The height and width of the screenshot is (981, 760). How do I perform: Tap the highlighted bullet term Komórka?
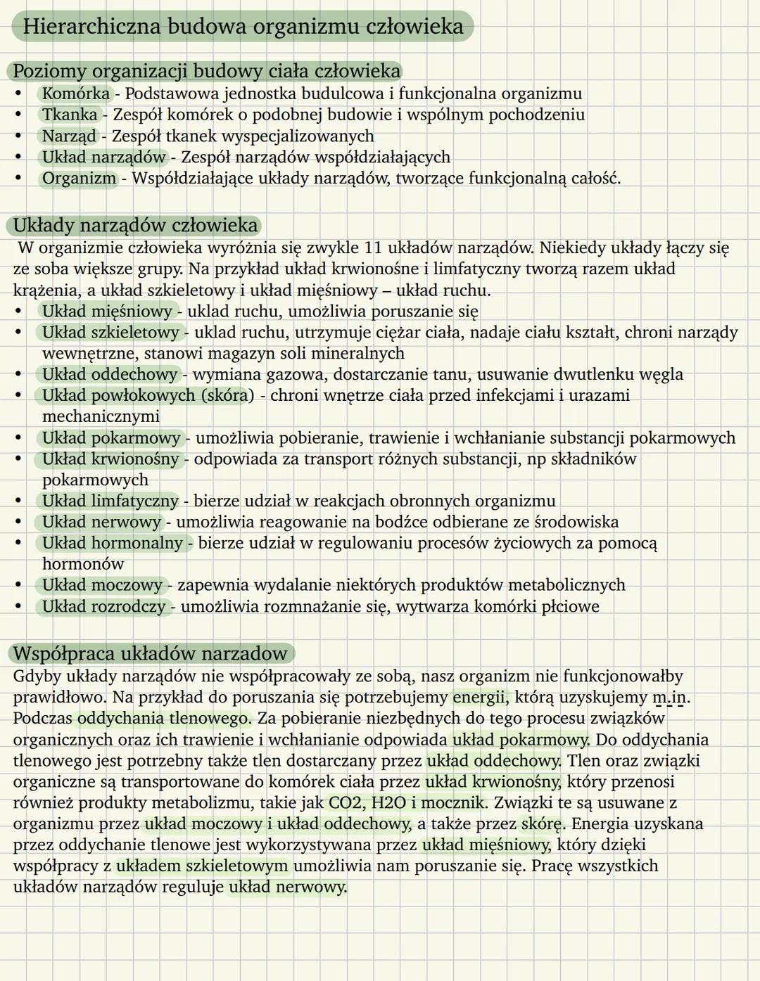pos(76,94)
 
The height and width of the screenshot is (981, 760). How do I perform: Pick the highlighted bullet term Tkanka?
pos(70,115)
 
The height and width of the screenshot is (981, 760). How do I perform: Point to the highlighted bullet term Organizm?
pos(79,178)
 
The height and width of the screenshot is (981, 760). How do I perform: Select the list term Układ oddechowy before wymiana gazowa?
pos(110,374)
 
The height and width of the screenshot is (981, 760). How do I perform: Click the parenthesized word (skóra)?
pos(228,395)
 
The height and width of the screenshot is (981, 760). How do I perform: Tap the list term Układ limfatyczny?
pos(110,501)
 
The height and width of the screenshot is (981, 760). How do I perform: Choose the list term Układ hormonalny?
pos(113,543)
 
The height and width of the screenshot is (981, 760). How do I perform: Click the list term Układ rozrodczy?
pos(104,606)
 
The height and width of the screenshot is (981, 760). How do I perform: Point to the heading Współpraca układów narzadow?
pos(150,653)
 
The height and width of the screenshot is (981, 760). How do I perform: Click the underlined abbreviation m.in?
pos(670,698)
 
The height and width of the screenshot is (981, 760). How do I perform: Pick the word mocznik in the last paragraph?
pos(455,803)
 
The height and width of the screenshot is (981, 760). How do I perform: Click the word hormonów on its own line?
pos(83,564)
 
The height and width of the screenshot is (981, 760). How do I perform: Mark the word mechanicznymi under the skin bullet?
pos(101,416)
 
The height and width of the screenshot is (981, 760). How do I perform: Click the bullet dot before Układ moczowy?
pos(20,585)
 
